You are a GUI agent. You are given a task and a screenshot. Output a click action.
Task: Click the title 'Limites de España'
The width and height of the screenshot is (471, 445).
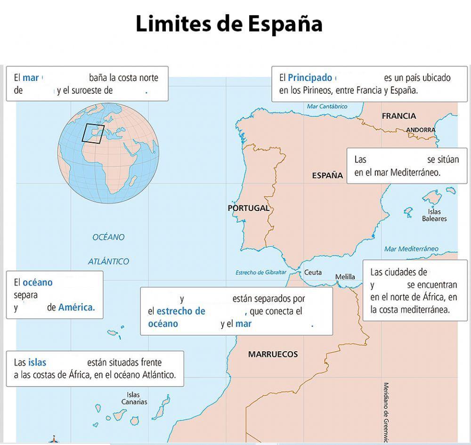(x=229, y=24)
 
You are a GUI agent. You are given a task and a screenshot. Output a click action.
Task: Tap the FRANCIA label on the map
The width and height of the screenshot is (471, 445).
(x=398, y=116)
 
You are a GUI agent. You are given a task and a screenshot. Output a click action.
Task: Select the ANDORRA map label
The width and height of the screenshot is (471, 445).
(x=421, y=130)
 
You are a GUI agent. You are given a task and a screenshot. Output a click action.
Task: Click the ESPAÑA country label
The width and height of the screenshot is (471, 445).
(x=327, y=176)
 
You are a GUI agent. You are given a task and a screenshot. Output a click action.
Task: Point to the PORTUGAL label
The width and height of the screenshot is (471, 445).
(x=249, y=208)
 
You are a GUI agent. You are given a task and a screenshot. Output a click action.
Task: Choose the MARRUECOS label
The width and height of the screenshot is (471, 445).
(x=273, y=355)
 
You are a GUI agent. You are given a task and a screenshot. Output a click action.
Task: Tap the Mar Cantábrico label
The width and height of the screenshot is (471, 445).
(x=327, y=107)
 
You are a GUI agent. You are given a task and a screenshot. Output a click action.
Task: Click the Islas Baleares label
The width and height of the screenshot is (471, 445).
(x=434, y=215)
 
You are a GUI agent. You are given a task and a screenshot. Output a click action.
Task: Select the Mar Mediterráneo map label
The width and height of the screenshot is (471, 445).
(x=411, y=249)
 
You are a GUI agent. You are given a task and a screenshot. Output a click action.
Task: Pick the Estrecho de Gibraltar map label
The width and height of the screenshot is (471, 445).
(x=260, y=272)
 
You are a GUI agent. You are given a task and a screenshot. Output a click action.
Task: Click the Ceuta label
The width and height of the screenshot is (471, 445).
(x=313, y=273)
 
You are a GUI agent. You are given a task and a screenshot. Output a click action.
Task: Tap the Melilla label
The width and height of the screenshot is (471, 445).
(x=345, y=277)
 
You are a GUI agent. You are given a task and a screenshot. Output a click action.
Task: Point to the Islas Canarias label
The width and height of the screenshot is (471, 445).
(x=134, y=398)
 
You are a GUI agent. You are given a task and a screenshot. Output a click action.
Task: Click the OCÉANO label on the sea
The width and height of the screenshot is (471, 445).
(x=108, y=237)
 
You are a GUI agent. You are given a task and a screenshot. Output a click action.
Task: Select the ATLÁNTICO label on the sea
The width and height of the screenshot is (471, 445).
(x=108, y=261)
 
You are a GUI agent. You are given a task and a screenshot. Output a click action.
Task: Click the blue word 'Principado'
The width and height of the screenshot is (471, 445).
(x=309, y=78)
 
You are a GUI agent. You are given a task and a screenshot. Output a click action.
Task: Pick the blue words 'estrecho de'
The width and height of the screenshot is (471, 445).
(x=181, y=311)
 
